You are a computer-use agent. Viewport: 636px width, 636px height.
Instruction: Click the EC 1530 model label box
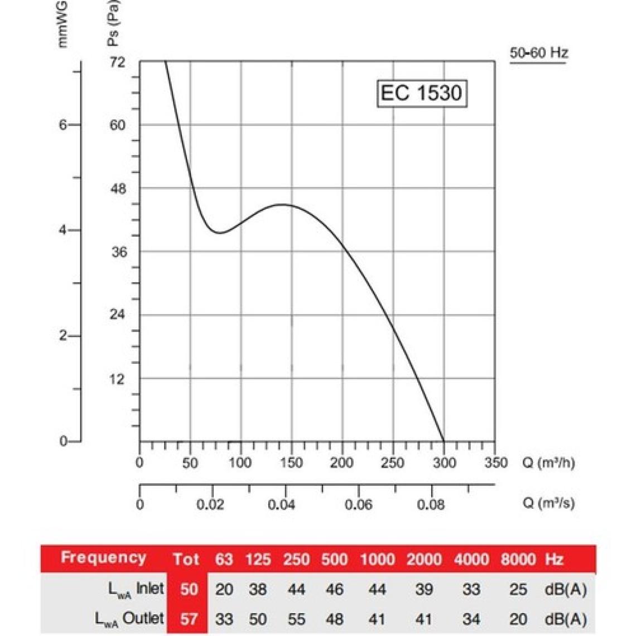coord(421,93)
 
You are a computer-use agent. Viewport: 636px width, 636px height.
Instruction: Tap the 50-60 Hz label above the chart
coord(538,53)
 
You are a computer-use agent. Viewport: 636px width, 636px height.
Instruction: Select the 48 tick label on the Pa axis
coord(118,189)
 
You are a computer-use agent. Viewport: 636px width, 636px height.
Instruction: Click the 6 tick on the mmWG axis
coord(63,125)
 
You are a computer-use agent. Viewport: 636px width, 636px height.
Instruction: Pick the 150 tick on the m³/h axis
coord(291,462)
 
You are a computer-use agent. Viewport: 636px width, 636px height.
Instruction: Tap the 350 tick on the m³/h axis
coord(494,462)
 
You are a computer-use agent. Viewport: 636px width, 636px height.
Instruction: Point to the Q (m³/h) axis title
coord(548,463)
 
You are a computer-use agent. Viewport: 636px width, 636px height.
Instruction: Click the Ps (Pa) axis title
coord(113,22)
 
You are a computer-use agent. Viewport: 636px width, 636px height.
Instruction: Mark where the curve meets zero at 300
coord(444,441)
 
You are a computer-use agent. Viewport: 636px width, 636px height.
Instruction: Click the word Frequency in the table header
coord(103,557)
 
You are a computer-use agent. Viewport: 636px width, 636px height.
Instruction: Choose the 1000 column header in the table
coord(377,559)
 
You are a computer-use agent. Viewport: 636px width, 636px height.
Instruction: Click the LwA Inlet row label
coord(129,589)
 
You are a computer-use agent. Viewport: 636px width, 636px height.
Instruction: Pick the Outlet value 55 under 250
coord(296,619)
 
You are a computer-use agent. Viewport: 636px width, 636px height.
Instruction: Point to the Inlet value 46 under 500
coord(334,589)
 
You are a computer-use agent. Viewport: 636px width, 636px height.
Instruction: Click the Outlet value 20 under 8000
coord(518,619)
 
